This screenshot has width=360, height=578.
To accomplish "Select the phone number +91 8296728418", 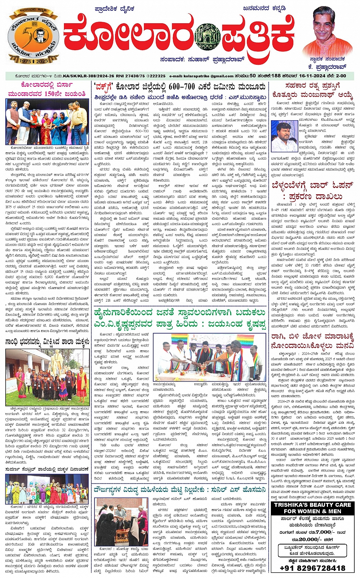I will coord(312,568).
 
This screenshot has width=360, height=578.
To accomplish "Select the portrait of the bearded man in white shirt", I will coord(284,137).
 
